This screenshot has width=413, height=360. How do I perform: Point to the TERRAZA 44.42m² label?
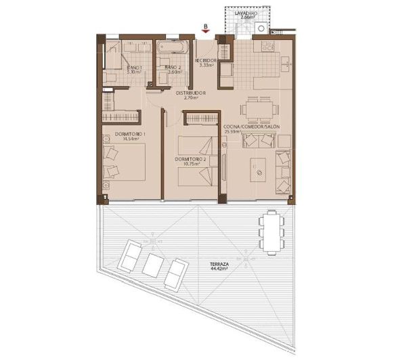(219, 266)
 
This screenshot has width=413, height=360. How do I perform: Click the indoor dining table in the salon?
(259, 108)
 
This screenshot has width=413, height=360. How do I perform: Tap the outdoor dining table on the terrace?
(271, 231)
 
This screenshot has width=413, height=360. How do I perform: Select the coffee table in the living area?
(258, 169)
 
